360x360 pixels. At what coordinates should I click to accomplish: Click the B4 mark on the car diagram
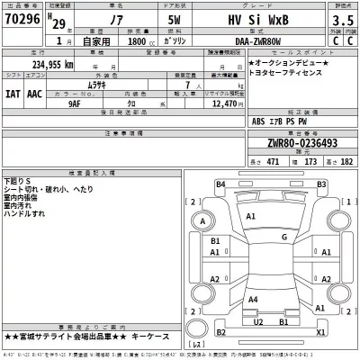pyautogui.click(x=220, y=184)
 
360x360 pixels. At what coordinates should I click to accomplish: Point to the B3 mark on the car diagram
pyautogui.click(x=322, y=184)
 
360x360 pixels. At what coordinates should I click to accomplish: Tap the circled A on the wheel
pyautogui.click(x=204, y=221)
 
